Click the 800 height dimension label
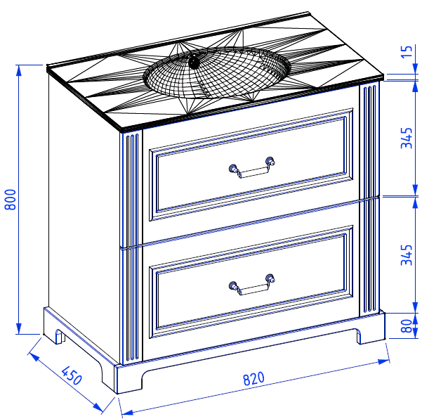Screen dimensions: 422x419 tap(11, 200)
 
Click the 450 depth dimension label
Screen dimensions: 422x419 tap(71, 375)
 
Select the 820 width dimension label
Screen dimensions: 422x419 tap(253, 378)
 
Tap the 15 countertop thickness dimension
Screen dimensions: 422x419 tap(407, 51)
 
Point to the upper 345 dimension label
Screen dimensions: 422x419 tap(407, 138)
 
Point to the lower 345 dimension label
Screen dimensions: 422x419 tap(407, 255)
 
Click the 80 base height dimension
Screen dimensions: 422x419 tap(407, 325)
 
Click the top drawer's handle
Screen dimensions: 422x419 tap(252, 168)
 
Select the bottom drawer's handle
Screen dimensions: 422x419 tap(252, 285)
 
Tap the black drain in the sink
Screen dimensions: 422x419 tap(194, 61)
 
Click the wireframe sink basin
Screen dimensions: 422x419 tap(217, 72)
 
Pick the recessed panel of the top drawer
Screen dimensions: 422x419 tap(251, 164)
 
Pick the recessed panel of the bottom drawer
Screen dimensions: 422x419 tap(251, 281)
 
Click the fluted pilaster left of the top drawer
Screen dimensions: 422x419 tap(131, 189)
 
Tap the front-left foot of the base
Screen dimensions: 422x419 tap(129, 380)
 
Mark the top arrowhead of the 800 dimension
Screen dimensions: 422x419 tap(18, 71)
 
